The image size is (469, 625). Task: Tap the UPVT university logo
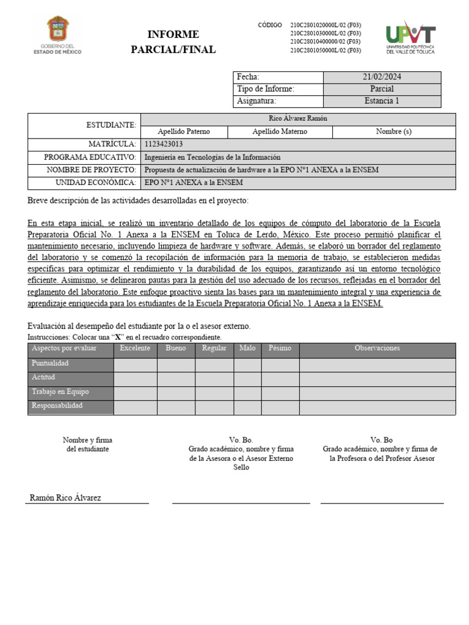pyautogui.click(x=410, y=38)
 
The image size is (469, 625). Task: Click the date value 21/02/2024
pyautogui.click(x=382, y=77)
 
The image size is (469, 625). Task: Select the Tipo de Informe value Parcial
pyautogui.click(x=382, y=89)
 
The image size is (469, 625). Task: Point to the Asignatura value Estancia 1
pyautogui.click(x=382, y=101)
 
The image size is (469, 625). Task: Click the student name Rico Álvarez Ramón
pyautogui.click(x=298, y=119)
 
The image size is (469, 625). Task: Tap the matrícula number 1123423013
pyautogui.click(x=164, y=145)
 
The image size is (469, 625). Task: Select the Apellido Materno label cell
pyautogui.click(x=280, y=132)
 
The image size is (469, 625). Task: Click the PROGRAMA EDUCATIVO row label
pyautogui.click(x=89, y=157)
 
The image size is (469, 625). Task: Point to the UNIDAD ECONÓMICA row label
pyautogui.click(x=95, y=182)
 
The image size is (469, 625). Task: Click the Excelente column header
pyautogui.click(x=135, y=349)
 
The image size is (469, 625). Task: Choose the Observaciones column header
pyautogui.click(x=377, y=349)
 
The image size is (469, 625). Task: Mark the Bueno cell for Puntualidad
pyautogui.click(x=176, y=364)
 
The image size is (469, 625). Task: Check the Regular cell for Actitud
pyautogui.click(x=214, y=379)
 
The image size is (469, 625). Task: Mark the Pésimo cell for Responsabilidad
pyautogui.click(x=280, y=408)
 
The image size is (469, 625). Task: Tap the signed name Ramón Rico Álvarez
pyautogui.click(x=65, y=498)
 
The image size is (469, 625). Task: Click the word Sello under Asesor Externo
pyautogui.click(x=241, y=468)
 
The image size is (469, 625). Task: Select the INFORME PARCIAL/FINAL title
pyautogui.click(x=173, y=42)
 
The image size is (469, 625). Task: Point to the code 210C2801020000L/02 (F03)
pyautogui.click(x=325, y=25)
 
